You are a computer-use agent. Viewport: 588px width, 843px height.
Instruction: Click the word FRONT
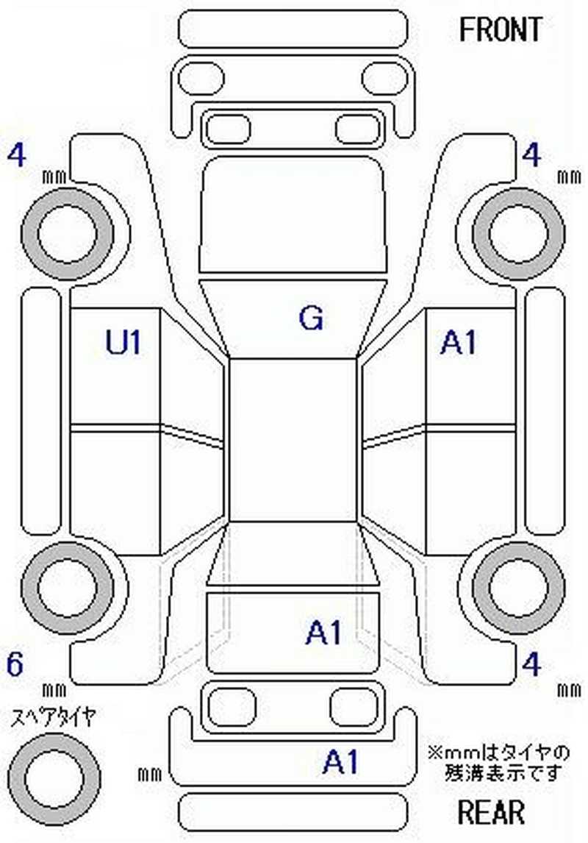[500, 29]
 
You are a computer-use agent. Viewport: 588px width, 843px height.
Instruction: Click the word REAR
[491, 812]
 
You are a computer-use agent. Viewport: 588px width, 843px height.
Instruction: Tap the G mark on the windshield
[311, 318]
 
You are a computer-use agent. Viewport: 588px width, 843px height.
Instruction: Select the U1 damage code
[123, 342]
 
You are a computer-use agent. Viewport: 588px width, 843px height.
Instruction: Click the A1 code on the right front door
[458, 342]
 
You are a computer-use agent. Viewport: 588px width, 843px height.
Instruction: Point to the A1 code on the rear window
[324, 633]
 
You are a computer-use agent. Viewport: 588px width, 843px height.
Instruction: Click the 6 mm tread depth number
[15, 664]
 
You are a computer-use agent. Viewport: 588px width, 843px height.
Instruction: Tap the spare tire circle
[54, 778]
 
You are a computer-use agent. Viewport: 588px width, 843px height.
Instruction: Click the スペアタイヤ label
[53, 717]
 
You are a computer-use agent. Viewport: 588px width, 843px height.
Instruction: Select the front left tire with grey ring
[67, 233]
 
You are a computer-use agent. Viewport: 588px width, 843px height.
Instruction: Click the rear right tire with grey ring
[519, 587]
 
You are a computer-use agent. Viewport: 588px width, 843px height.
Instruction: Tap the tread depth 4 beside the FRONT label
[531, 156]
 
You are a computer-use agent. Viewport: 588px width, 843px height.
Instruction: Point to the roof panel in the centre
[293, 441]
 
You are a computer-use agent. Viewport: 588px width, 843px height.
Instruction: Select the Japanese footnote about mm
[499, 762]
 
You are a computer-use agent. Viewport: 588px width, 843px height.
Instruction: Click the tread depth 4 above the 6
[15, 156]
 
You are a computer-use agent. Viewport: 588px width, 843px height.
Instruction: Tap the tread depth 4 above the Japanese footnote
[531, 664]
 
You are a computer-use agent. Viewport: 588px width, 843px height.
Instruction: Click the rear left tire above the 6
[67, 587]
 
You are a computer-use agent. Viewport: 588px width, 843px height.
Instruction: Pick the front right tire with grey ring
[519, 233]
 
